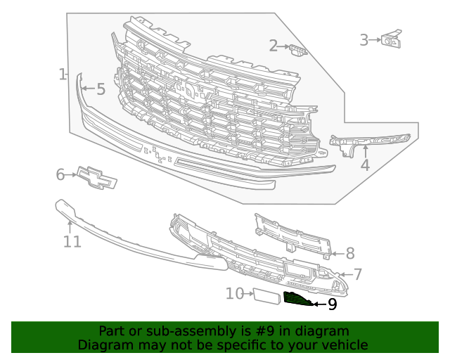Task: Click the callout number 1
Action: pos(63,74)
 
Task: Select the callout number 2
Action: pos(274,46)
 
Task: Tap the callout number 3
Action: pos(364,40)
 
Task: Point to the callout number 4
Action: pos(365,166)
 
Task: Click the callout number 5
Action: pos(101,89)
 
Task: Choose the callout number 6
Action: pos(60,174)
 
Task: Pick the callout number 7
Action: pos(357,274)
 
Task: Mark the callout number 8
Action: pos(349,253)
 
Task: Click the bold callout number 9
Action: pos(332,304)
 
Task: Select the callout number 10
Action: pos(234,293)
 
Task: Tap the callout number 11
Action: pos(72,242)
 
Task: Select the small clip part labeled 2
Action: pos(298,50)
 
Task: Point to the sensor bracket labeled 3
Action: pos(391,39)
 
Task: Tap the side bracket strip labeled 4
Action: pos(369,140)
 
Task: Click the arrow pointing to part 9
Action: pos(317,304)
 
